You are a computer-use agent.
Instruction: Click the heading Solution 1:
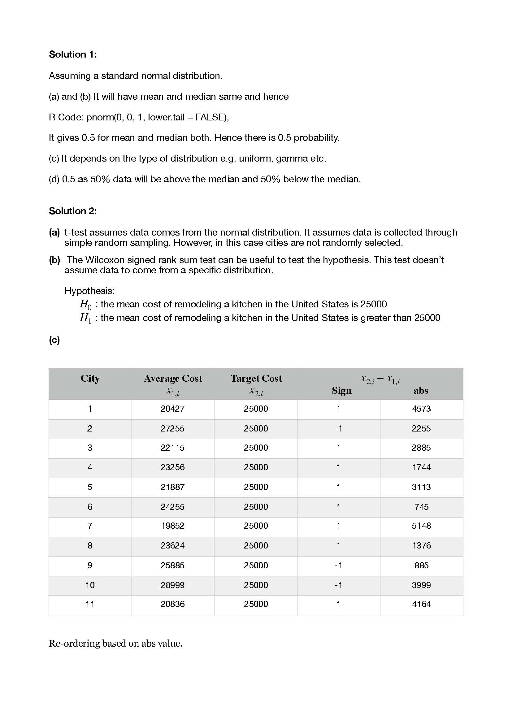click(x=73, y=54)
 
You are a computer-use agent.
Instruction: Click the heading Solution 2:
click(x=73, y=211)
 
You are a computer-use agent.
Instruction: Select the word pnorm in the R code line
click(x=100, y=117)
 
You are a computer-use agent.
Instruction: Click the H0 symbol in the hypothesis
click(x=85, y=304)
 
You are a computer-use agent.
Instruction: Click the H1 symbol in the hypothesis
click(x=85, y=318)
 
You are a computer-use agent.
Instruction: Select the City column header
click(x=90, y=378)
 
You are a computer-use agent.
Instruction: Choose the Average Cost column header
click(x=173, y=378)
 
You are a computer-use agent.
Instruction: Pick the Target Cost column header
click(x=256, y=378)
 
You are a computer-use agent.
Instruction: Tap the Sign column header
click(x=341, y=391)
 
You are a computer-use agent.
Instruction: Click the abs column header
click(x=421, y=391)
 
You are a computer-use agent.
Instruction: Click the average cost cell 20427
click(x=172, y=409)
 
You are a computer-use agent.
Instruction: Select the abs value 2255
click(x=421, y=428)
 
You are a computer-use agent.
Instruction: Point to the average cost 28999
click(x=172, y=585)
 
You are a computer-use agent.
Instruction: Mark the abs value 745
click(x=422, y=507)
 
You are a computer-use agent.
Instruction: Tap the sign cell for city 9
click(x=338, y=566)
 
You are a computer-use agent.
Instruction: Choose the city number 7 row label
click(x=90, y=526)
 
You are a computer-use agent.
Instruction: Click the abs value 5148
click(x=422, y=526)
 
